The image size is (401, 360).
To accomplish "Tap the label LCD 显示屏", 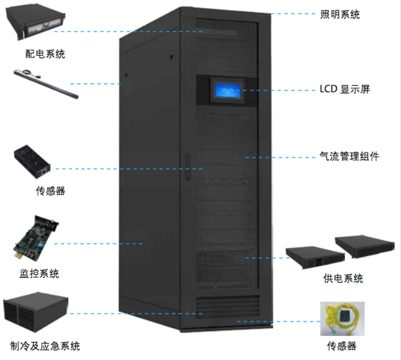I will pos(345,89).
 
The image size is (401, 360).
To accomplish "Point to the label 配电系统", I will pos(45,53).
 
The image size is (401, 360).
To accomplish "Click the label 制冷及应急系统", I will pos(45,346).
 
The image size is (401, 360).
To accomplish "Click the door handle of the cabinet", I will pos(187,166).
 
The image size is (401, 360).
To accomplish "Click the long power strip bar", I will pos(46,84).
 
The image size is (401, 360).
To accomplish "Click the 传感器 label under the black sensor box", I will pos(50,191).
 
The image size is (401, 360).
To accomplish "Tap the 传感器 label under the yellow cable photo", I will pos(342,346).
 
